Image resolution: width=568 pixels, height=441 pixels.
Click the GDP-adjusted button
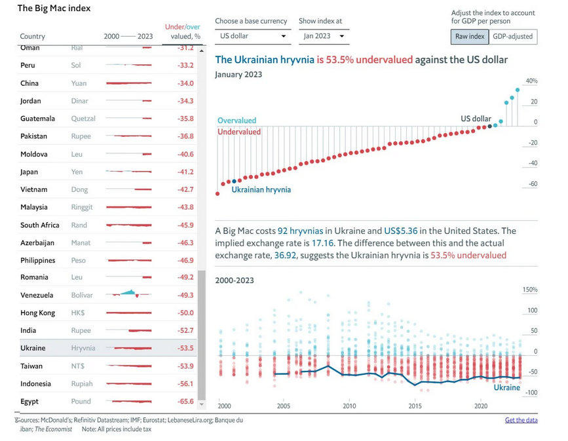click(512, 37)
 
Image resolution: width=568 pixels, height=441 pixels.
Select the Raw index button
click(470, 37)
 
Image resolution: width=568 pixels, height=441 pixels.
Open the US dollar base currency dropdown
click(253, 36)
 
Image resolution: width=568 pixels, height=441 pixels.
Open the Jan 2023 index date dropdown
click(324, 36)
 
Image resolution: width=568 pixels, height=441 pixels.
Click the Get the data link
click(521, 420)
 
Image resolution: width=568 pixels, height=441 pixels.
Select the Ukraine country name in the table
click(33, 348)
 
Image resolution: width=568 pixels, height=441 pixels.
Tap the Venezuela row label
click(37, 295)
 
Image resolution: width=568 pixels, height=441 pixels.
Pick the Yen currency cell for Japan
click(77, 172)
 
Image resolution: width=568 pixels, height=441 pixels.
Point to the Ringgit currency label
click(82, 207)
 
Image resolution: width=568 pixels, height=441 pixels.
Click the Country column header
click(33, 37)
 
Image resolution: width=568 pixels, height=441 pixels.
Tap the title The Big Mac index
click(54, 9)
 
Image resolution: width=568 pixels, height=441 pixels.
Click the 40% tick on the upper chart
click(531, 81)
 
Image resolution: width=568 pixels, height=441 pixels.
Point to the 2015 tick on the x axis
click(415, 407)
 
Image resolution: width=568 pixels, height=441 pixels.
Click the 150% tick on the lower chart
click(530, 290)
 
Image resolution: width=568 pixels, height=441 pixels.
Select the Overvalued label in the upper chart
click(237, 121)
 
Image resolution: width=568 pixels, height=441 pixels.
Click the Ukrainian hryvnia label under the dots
click(261, 190)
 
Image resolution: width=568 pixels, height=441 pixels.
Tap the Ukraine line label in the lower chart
click(506, 387)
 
